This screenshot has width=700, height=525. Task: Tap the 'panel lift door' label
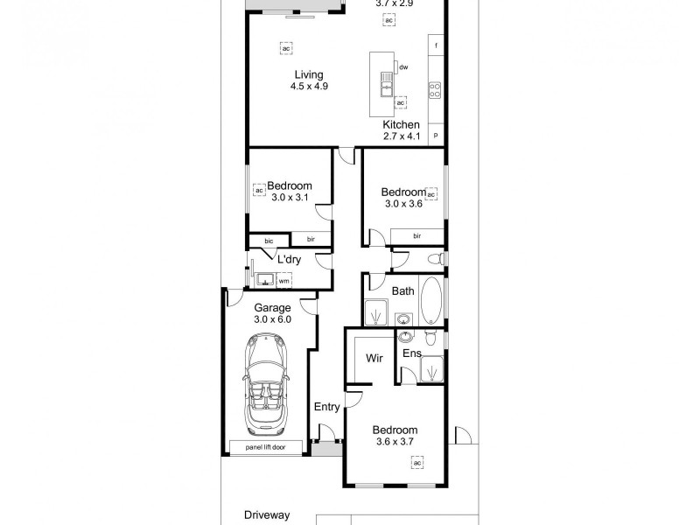[x=267, y=447]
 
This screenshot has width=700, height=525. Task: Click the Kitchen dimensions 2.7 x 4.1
[x=402, y=136]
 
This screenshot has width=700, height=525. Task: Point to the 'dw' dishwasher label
[x=403, y=66]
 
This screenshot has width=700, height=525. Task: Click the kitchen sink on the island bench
[x=384, y=85]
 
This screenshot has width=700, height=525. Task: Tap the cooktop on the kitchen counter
[x=434, y=89]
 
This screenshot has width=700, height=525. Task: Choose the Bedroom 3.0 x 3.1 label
[x=289, y=185]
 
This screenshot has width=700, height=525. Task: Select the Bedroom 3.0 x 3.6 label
[x=403, y=192]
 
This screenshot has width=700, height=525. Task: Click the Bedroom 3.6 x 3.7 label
[x=395, y=430]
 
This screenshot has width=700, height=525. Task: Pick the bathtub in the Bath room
[x=432, y=302]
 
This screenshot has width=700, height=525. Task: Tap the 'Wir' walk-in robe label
[x=374, y=359]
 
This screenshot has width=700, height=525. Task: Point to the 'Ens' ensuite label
[x=412, y=353]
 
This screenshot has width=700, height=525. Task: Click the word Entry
[x=326, y=407]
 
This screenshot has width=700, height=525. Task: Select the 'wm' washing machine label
[x=283, y=281]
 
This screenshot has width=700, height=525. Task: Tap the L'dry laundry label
[x=290, y=260]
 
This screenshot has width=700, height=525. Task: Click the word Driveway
[x=267, y=516]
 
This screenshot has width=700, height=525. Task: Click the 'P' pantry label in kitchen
[x=436, y=136]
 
